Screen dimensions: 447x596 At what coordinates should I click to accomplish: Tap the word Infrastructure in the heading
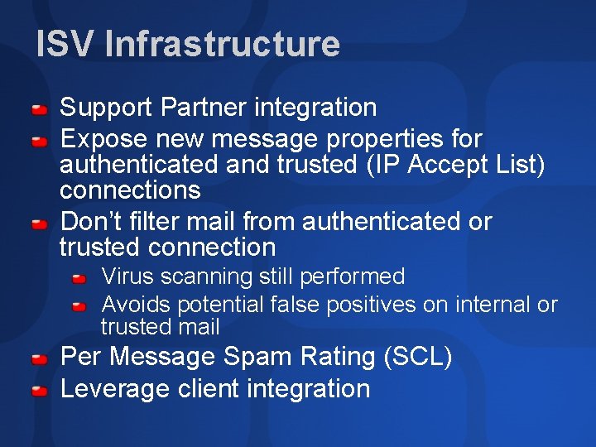point(222,44)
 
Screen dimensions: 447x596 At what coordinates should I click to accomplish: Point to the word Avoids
point(136,305)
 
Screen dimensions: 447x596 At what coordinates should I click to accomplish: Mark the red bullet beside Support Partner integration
point(39,109)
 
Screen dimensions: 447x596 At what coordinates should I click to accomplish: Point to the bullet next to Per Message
point(39,359)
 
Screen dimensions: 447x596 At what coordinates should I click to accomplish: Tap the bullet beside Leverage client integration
point(39,391)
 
